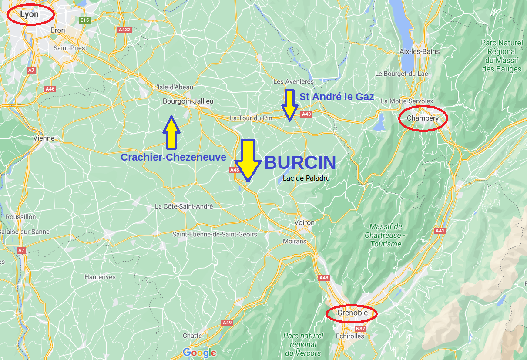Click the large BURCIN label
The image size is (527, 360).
click(300, 163)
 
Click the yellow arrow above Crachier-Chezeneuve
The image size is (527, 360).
click(171, 132)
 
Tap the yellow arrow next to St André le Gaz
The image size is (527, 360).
click(289, 105)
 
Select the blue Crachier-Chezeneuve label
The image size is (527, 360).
click(173, 157)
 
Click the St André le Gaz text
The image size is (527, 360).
click(337, 97)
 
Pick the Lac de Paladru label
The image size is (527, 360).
click(306, 178)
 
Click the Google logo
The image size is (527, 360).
click(199, 353)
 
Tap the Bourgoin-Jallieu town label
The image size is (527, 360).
click(188, 101)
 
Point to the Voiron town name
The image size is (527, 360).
click(304, 222)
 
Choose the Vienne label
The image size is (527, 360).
click(44, 138)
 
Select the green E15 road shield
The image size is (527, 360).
click(84, 20)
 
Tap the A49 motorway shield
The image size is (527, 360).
click(227, 323)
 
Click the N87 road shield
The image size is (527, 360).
click(360, 329)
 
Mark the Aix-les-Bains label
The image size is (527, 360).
click(420, 51)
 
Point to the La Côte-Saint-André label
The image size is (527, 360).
click(184, 206)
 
